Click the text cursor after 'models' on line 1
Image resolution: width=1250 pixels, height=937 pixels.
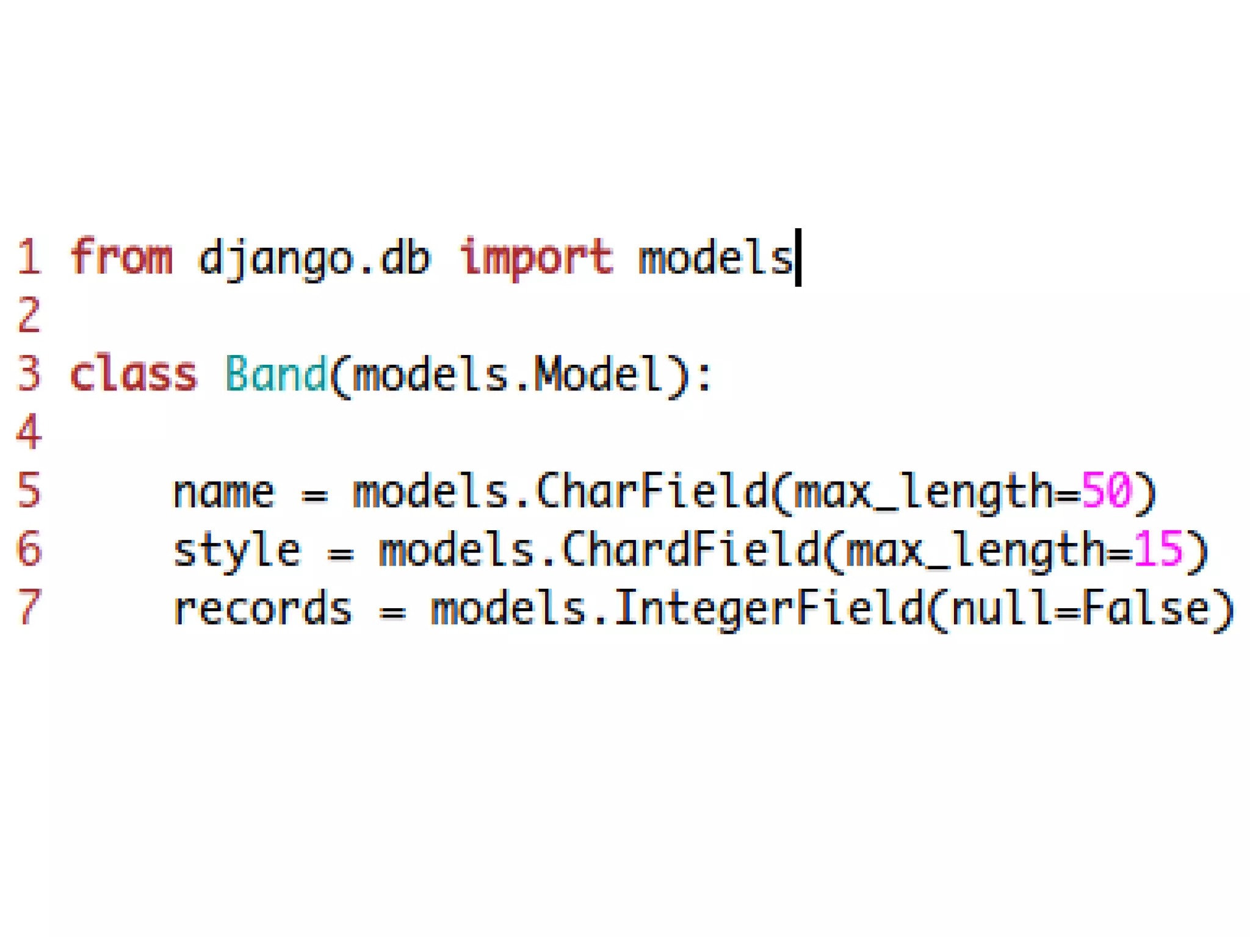pyautogui.click(x=798, y=257)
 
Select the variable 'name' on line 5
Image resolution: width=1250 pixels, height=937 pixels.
pyautogui.click(x=224, y=492)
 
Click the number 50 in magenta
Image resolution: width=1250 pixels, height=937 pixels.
pyautogui.click(x=1107, y=490)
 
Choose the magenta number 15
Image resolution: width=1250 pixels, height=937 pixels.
pyautogui.click(x=1158, y=549)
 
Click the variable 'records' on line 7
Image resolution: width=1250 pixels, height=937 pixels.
pyautogui.click(x=263, y=609)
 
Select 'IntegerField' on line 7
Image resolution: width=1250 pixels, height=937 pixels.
pyautogui.click(x=769, y=609)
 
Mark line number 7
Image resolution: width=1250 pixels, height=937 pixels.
pyautogui.click(x=29, y=609)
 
